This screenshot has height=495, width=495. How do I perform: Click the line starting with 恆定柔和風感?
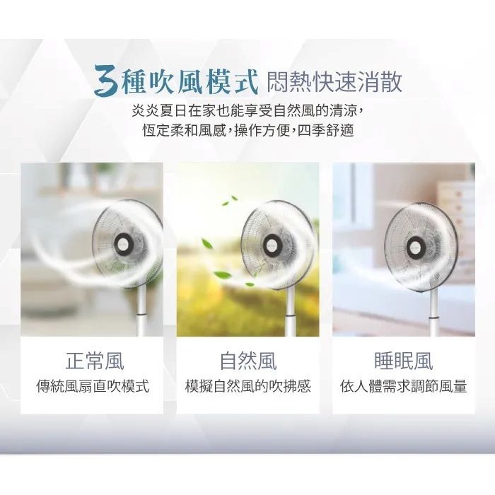click(248, 130)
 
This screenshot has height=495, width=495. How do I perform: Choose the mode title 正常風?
click(94, 361)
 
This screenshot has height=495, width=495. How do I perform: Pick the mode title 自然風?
click(248, 361)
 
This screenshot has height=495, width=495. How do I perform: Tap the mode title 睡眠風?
click(403, 361)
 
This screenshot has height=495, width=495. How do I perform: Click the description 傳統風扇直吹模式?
click(92, 386)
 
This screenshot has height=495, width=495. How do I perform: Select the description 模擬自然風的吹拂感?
click(248, 386)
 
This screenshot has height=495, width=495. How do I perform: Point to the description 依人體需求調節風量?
click(403, 386)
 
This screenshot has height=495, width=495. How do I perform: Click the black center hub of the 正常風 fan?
click(123, 244)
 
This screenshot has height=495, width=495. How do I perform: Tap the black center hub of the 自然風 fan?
click(272, 244)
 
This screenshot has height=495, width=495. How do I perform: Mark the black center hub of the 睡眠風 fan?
click(415, 245)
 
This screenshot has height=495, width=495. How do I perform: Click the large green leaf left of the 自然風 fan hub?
click(207, 244)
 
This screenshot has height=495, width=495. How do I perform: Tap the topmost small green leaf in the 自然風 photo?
click(234, 198)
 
